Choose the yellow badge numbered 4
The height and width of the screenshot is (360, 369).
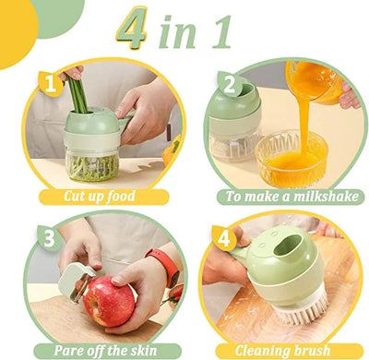tap(222, 236)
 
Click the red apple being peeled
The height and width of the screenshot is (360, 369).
tap(108, 300)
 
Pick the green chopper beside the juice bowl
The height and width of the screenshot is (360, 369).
tap(235, 129)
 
